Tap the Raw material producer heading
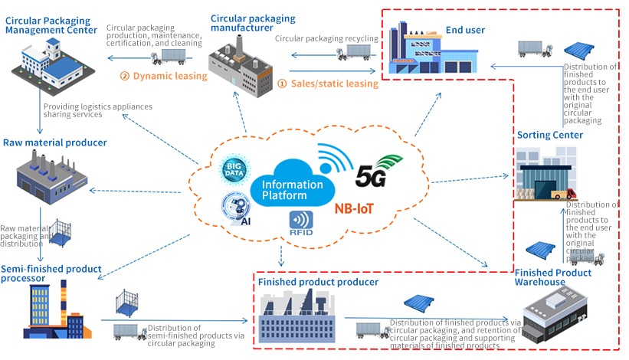[54, 142]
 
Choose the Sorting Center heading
[549, 136]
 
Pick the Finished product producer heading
[318, 282]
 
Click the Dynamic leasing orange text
[164, 76]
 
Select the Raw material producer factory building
[48, 172]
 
